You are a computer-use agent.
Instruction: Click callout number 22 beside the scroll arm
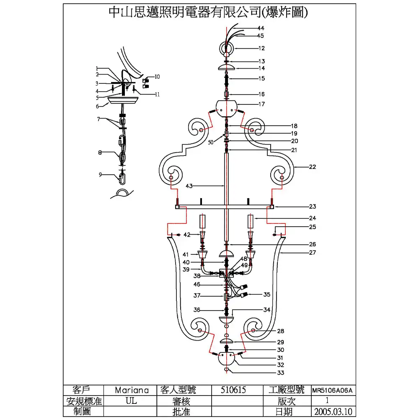313,167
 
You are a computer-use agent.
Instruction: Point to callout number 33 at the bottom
281,372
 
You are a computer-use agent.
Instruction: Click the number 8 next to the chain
100,153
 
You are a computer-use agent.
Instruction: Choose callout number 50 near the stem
211,142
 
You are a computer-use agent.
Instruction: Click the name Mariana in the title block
132,390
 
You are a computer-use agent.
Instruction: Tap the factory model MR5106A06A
332,390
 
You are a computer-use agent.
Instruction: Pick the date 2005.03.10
332,412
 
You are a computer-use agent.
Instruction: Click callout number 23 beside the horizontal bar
313,207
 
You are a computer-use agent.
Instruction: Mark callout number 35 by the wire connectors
266,295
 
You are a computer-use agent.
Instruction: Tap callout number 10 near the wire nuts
157,77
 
